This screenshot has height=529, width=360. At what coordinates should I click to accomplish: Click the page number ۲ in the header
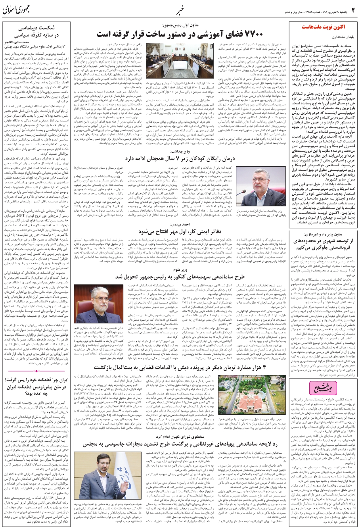tap(352, 8)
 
